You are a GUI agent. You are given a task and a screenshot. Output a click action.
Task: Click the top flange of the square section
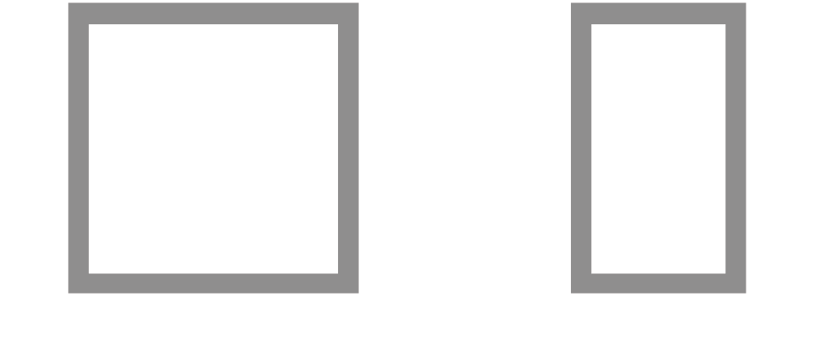[x=213, y=14]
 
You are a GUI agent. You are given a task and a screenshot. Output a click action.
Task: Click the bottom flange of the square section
[x=213, y=283]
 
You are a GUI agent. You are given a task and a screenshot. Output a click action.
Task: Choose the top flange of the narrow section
[x=658, y=14]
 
